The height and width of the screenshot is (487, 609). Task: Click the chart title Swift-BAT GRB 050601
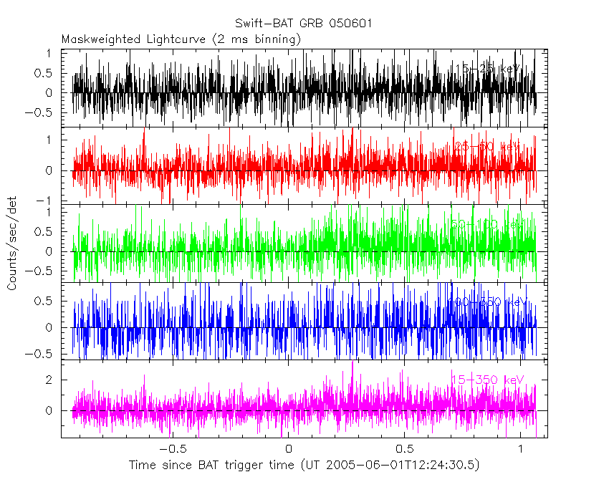[304, 24]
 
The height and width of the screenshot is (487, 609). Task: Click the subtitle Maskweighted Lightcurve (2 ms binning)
[181, 39]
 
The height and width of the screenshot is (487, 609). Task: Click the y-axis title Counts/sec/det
[12, 243]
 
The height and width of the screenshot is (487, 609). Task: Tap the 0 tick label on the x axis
[288, 448]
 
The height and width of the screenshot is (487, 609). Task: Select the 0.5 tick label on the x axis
[404, 448]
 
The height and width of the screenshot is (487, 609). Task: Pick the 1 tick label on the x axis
[521, 448]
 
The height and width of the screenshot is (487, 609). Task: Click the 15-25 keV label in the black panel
[487, 69]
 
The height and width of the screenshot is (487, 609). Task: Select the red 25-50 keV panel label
[487, 147]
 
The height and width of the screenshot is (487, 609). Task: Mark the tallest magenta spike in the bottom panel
[353, 363]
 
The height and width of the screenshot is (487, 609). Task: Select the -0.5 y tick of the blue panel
[42, 354]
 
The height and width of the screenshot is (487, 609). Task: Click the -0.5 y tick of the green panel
[42, 271]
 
